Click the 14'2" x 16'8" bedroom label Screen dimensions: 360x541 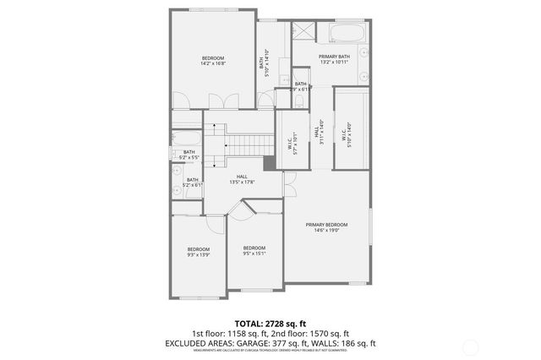212,60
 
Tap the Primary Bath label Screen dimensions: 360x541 334,59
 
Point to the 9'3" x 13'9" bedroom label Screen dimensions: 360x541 199,251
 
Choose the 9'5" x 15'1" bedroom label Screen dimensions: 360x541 254,250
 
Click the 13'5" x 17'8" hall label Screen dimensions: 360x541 242,179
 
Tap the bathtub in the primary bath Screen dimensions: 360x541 347,35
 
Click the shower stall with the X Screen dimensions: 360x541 303,32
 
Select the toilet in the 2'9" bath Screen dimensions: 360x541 299,100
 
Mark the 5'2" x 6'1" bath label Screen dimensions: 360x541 193,183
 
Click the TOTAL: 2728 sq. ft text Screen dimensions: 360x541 270,324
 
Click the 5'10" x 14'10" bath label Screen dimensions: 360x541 264,63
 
